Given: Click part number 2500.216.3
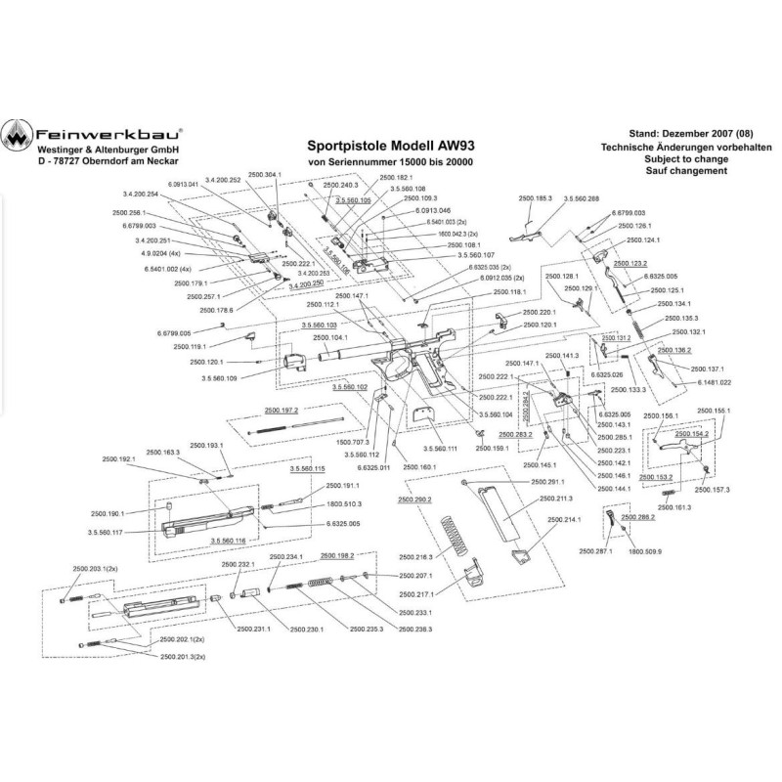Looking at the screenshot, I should click(x=415, y=556).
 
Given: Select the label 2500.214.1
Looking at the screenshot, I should click(x=566, y=519).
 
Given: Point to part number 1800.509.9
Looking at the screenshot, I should click(x=644, y=551).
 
